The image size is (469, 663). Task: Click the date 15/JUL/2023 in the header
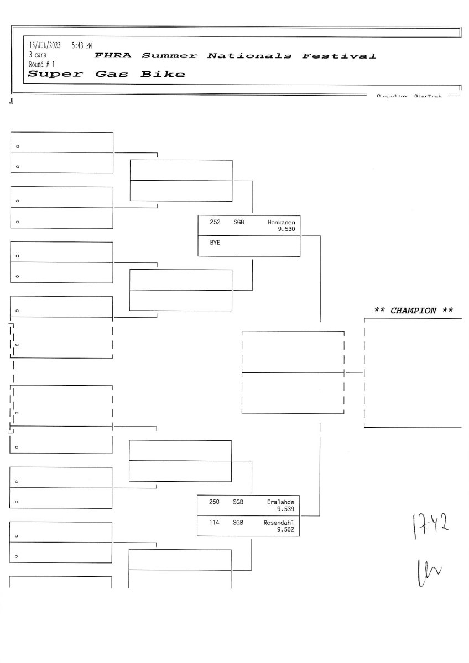[45, 45]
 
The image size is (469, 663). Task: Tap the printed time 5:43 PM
[82, 45]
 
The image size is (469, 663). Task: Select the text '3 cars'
[38, 55]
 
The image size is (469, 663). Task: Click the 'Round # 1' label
[42, 65]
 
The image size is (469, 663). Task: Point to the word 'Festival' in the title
[339, 56]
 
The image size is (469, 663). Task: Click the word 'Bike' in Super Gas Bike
[163, 74]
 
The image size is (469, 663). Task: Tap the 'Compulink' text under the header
[392, 96]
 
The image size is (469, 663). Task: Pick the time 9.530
[285, 228]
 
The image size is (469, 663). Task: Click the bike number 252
[215, 222]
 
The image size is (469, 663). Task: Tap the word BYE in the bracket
[215, 243]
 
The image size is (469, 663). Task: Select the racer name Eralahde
[280, 502]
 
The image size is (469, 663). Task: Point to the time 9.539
[285, 508]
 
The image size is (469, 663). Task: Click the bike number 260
[215, 502]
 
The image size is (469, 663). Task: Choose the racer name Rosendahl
[278, 522]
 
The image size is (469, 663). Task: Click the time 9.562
[285, 529]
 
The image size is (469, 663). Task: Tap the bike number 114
[214, 522]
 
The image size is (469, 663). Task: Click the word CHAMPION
[413, 311]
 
